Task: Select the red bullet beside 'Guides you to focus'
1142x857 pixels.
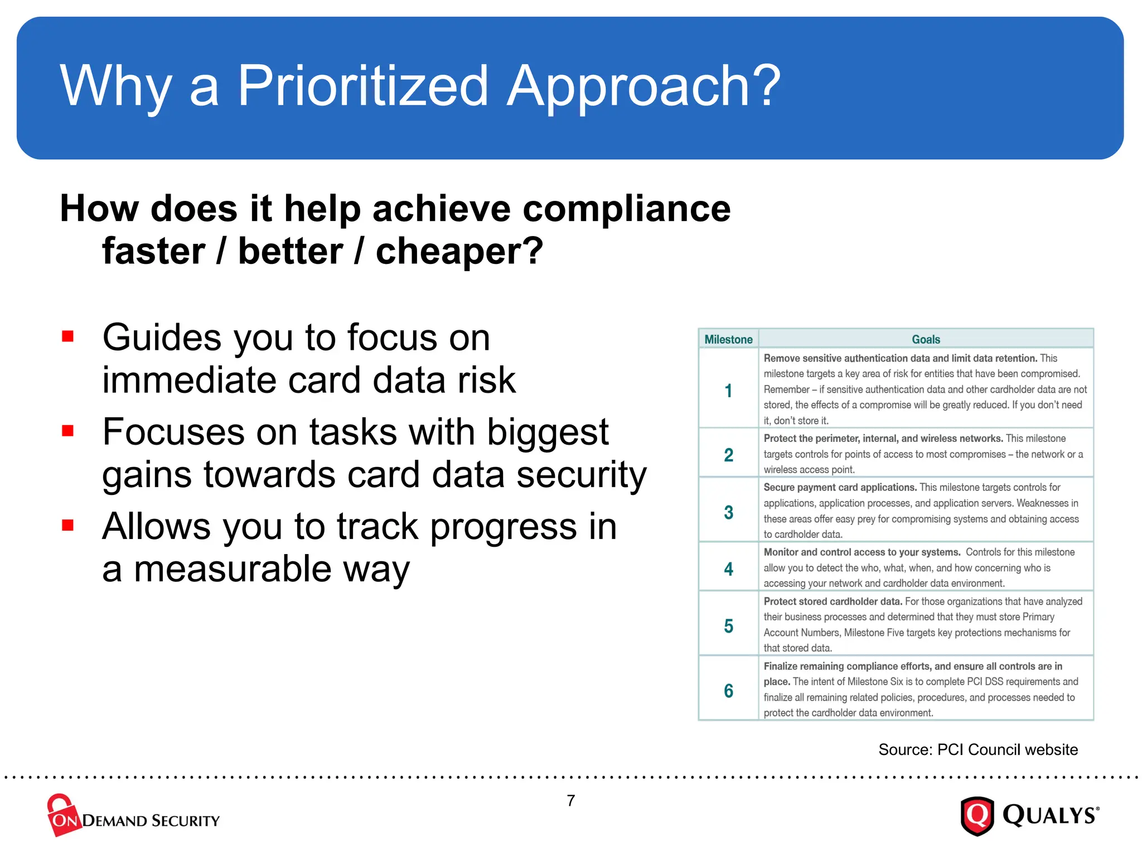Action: [68, 336]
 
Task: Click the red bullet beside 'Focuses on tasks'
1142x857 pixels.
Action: [68, 430]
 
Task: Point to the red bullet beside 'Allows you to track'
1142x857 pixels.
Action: [68, 525]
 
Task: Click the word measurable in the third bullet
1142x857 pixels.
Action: [233, 569]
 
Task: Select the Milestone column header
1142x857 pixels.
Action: [728, 339]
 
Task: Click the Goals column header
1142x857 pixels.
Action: [926, 339]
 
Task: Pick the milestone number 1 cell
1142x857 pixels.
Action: [728, 391]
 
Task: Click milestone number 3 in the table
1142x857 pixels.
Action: [728, 512]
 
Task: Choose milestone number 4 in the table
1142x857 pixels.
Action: [728, 569]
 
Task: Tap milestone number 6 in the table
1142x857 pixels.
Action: [728, 691]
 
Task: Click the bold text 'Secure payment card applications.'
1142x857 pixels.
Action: [840, 488]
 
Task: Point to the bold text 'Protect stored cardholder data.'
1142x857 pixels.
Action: [833, 601]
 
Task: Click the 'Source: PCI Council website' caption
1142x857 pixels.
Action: [978, 749]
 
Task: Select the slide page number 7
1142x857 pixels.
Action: [571, 801]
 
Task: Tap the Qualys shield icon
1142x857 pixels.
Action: [977, 816]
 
